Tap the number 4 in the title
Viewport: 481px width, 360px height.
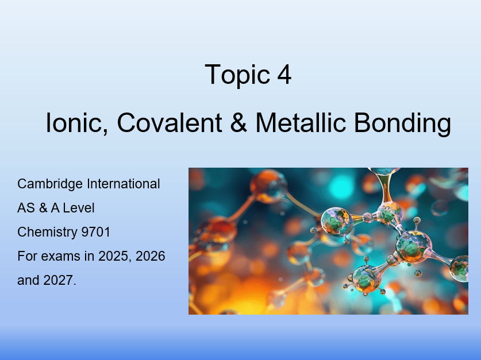(x=284, y=75)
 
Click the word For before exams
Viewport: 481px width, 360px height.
(x=26, y=257)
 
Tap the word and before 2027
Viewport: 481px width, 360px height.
(x=28, y=281)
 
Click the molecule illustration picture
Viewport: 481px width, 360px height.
(x=328, y=241)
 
